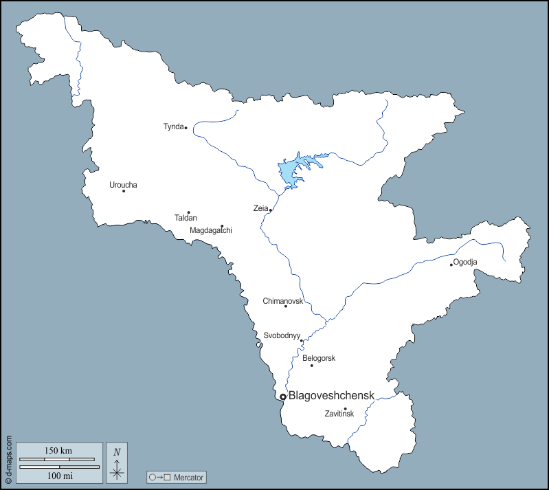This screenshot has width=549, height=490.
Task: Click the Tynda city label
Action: (173, 126)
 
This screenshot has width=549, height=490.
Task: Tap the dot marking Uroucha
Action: (124, 190)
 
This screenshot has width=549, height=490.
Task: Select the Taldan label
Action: (186, 218)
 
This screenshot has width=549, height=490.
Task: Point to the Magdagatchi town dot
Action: (222, 225)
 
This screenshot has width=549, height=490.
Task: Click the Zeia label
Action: (260, 208)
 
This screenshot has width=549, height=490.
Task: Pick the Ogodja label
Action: (465, 262)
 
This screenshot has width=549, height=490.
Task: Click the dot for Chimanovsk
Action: (286, 306)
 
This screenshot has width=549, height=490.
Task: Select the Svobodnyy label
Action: (282, 335)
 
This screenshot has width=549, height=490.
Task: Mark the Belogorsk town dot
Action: (311, 365)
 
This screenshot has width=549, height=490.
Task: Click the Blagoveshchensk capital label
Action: (331, 395)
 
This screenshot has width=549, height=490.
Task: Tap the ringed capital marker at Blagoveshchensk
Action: (282, 397)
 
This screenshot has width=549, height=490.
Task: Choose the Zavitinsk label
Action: (339, 414)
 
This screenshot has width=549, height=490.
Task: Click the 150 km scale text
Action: (58, 451)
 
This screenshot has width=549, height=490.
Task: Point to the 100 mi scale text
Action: (58, 476)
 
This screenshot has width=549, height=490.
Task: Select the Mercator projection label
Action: (189, 477)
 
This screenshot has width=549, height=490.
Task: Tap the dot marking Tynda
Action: (186, 128)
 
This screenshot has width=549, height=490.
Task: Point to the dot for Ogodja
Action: (451, 265)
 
